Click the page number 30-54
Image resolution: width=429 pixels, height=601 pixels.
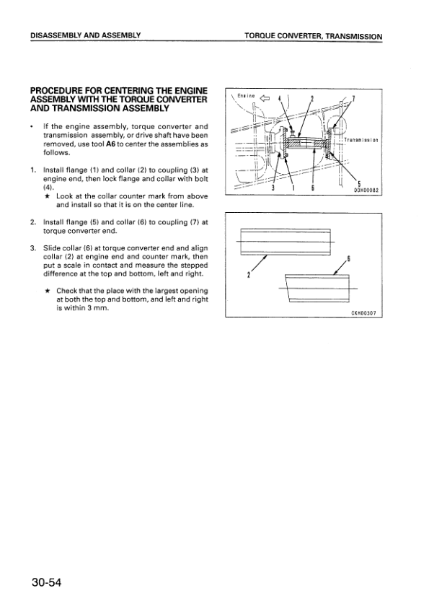tap(46, 582)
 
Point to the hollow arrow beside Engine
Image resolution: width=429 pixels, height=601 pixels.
tap(265, 98)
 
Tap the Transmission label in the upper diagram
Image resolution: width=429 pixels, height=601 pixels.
tap(361, 140)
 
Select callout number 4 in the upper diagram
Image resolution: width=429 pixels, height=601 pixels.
tap(279, 98)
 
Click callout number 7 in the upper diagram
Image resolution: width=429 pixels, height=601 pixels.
tap(353, 99)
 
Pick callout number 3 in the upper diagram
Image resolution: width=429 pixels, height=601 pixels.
tap(273, 188)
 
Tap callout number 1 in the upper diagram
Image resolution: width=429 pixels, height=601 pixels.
tap(293, 188)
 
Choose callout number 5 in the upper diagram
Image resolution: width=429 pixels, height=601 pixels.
tap(359, 183)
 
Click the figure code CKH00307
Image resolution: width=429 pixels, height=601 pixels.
tap(364, 313)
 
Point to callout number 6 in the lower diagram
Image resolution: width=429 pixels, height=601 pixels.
tap(348, 258)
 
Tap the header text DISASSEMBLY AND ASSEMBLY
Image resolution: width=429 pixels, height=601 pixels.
tap(85, 35)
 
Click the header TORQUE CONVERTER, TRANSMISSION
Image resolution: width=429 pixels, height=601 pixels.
tap(314, 36)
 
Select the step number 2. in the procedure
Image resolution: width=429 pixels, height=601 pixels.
tap(33, 222)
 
